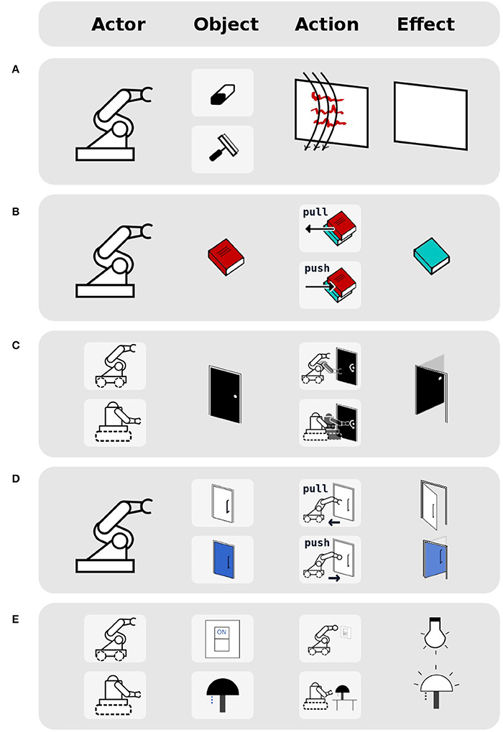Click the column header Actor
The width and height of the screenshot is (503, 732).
click(x=119, y=24)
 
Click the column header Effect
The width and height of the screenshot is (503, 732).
click(x=425, y=24)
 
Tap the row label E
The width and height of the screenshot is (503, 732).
click(x=15, y=613)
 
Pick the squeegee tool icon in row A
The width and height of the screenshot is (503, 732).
click(x=222, y=149)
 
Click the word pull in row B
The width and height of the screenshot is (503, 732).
click(x=316, y=213)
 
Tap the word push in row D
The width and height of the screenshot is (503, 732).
click(x=316, y=543)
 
